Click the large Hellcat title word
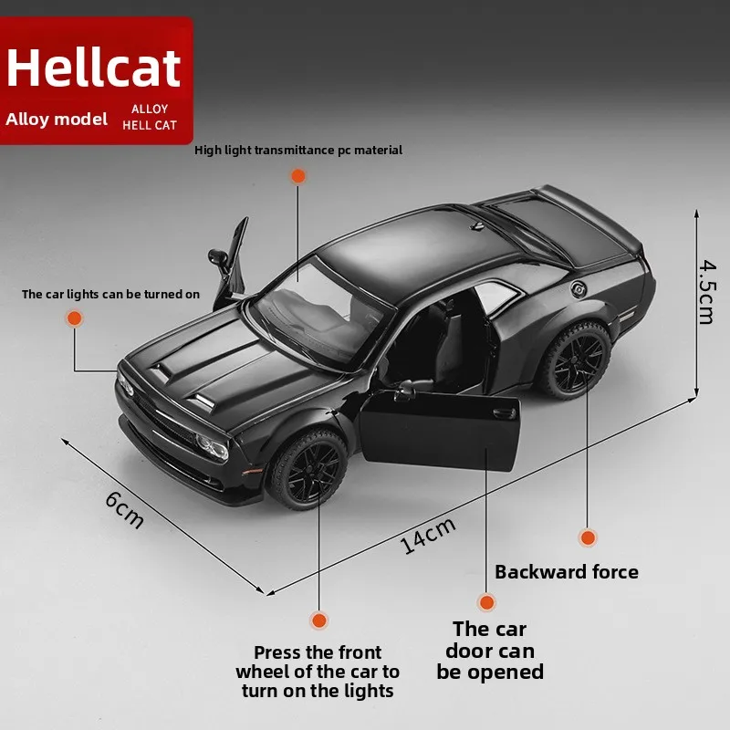tap(95, 69)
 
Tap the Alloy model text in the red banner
tap(57, 119)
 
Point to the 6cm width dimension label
tap(125, 509)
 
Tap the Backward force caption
tap(566, 572)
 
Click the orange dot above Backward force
tap(588, 537)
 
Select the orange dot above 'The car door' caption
tap(487, 602)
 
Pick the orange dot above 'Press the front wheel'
tap(318, 620)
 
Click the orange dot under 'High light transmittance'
tap(297, 176)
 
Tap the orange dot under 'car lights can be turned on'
tap(74, 318)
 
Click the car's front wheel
tap(308, 468)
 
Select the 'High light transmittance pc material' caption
tap(298, 151)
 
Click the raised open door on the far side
tap(232, 261)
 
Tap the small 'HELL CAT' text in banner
tap(151, 125)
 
